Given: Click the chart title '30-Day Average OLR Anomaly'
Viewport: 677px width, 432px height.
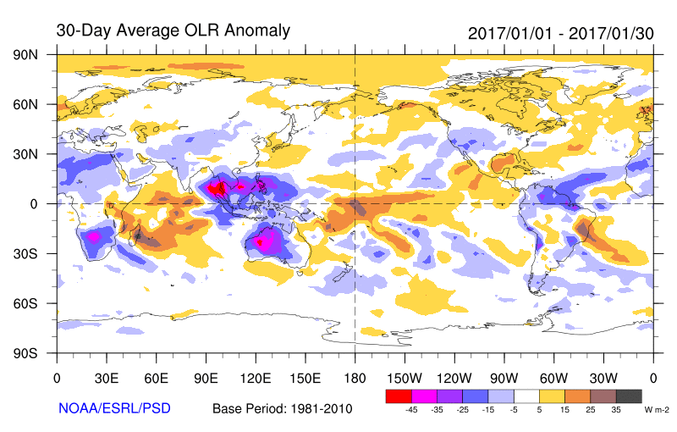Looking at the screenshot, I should [x=173, y=30].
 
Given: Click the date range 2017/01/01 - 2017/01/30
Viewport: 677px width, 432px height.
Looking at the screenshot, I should [x=560, y=32].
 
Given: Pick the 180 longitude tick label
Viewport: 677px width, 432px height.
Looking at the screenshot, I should [x=355, y=377].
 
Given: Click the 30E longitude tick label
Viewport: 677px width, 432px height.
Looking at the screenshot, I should [x=106, y=377].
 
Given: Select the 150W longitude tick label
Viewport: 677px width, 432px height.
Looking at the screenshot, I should [x=404, y=377].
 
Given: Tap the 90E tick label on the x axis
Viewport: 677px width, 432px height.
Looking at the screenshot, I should [x=205, y=377].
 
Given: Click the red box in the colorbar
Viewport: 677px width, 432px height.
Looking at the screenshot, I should [x=398, y=396].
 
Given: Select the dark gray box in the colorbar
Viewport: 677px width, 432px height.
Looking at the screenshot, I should [x=628, y=396].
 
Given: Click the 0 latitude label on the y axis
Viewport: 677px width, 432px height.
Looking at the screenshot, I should [x=33, y=203].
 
